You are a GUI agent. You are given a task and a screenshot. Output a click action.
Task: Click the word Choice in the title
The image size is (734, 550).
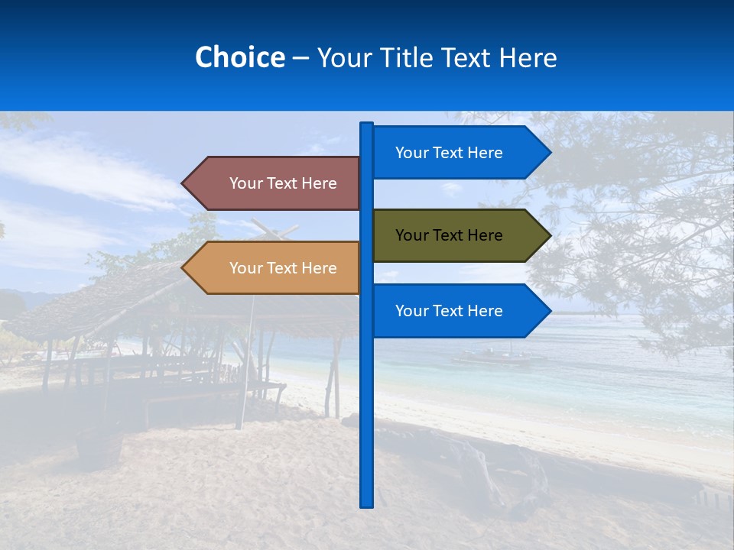(x=239, y=57)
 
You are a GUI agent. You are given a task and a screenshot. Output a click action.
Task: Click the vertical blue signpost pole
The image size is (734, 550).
(x=366, y=412)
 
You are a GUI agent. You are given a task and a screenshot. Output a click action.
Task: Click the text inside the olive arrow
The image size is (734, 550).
(x=449, y=235)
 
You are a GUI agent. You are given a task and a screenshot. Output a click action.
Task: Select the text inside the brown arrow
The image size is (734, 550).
(x=283, y=183)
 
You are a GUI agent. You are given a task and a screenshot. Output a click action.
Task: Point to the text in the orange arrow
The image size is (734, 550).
(x=283, y=268)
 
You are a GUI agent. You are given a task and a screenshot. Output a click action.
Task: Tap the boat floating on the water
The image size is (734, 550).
(x=497, y=355)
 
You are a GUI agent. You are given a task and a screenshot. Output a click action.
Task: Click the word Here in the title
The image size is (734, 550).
(x=528, y=57)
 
